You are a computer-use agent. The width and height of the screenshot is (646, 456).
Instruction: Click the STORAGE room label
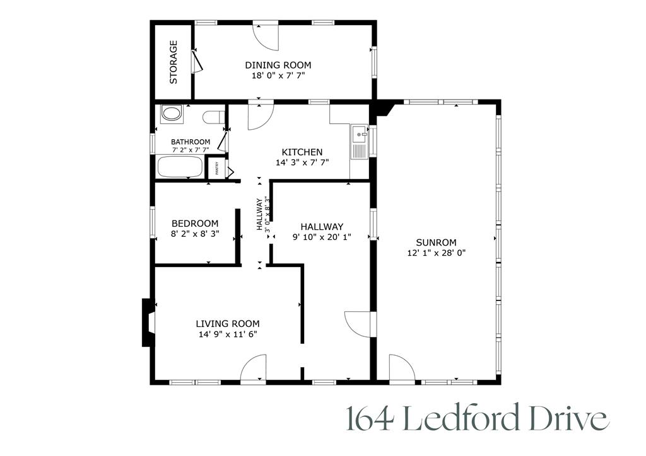[173, 62]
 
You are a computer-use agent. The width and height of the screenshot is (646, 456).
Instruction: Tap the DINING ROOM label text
[278, 65]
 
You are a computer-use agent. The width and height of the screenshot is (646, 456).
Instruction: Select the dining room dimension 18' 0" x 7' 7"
[278, 75]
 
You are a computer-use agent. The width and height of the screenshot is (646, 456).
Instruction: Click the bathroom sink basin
[171, 114]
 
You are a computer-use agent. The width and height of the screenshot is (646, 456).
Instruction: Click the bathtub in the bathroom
[180, 168]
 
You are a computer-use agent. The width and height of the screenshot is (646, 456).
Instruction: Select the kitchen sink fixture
[360, 142]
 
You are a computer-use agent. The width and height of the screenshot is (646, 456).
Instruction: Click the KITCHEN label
[302, 152]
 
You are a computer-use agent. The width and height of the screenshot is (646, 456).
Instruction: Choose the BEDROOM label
[195, 224]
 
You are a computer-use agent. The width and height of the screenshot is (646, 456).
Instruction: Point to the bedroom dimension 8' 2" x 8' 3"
[195, 234]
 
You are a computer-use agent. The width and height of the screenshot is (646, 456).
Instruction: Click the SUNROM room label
[436, 242]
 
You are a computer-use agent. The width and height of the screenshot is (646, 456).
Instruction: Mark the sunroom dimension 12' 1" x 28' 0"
[436, 253]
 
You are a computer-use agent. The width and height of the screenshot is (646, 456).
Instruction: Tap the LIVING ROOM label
[227, 324]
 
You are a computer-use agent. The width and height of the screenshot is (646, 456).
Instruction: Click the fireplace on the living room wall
[148, 322]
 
